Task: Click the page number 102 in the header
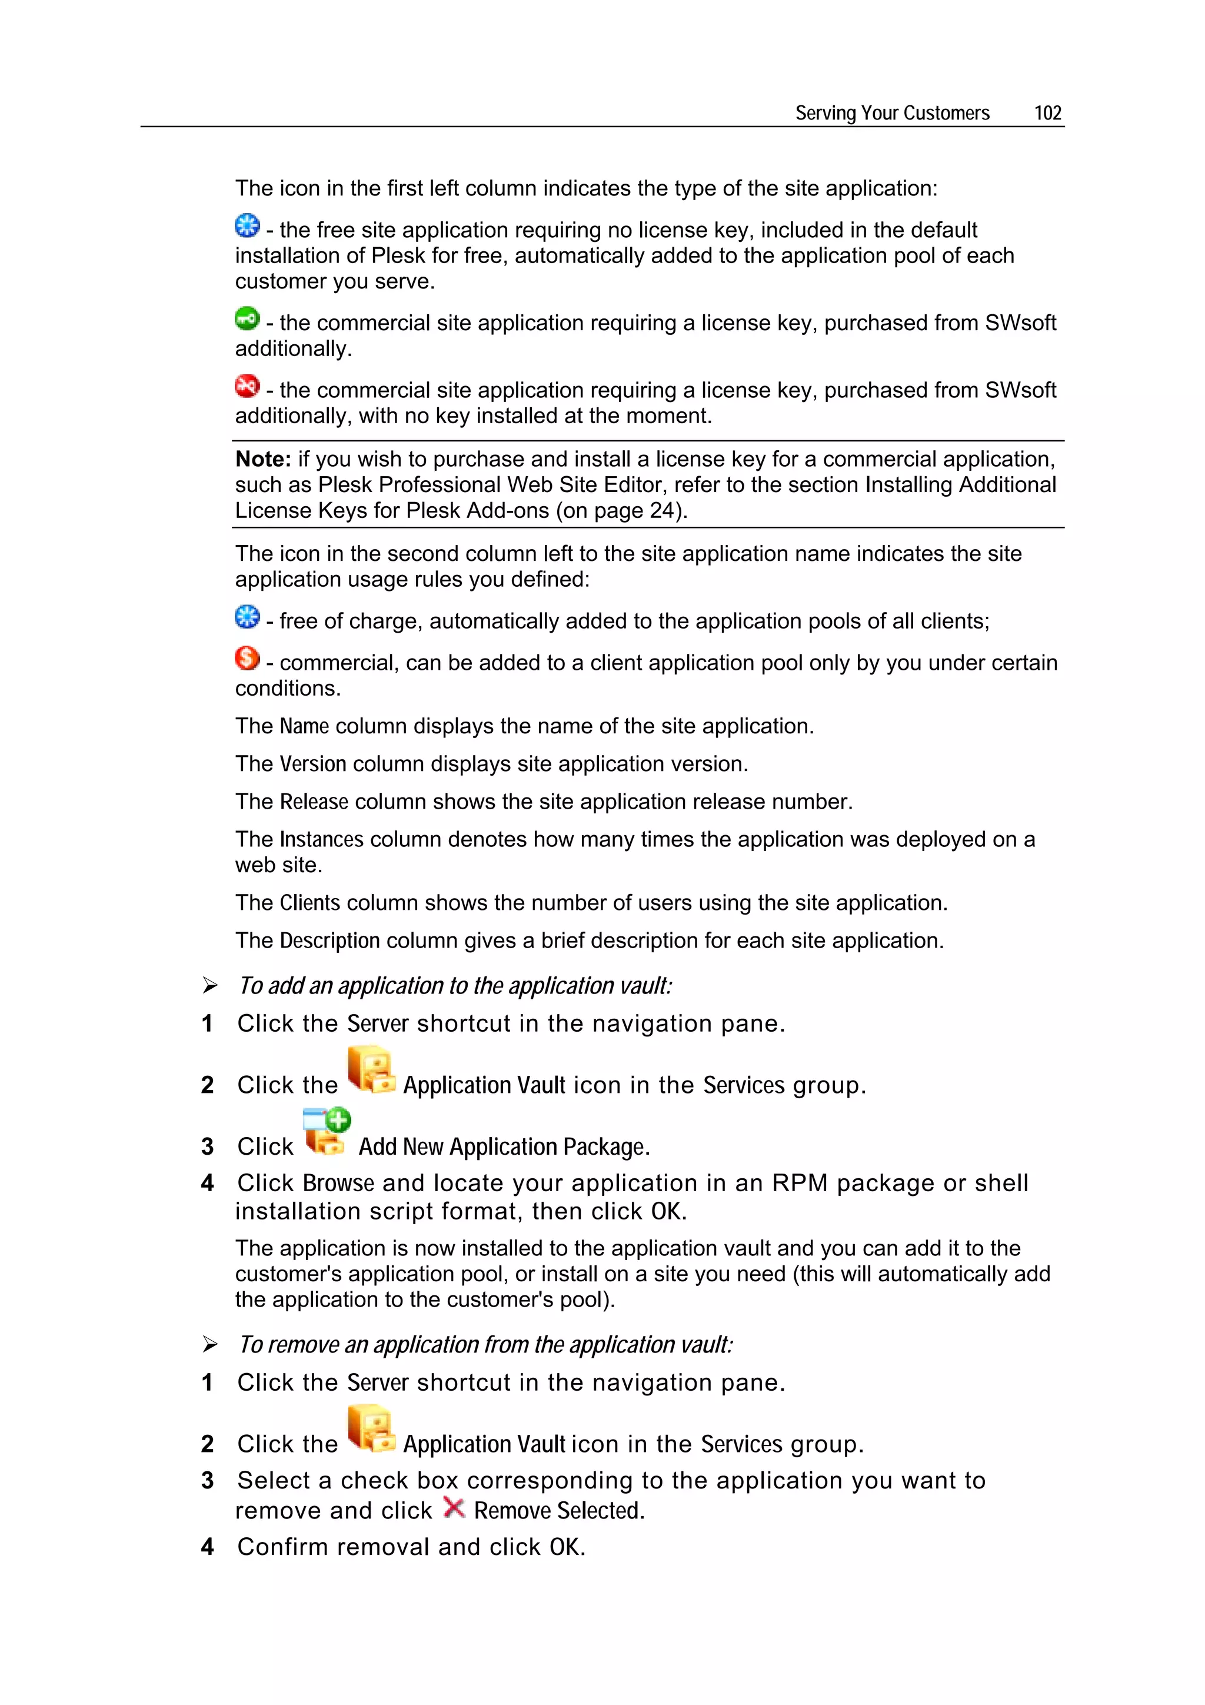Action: click(1047, 113)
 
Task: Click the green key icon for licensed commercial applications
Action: click(247, 318)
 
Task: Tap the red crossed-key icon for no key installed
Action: click(247, 386)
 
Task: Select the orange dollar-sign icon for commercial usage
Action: click(247, 658)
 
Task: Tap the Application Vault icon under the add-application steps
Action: click(371, 1070)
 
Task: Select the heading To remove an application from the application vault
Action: click(485, 1344)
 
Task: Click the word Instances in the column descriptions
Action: click(321, 839)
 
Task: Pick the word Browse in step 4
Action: click(338, 1183)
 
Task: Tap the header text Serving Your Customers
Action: click(891, 113)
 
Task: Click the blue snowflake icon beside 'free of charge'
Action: click(247, 616)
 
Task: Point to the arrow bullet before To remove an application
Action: click(210, 1344)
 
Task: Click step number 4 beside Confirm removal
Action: click(207, 1547)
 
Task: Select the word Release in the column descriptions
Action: click(314, 801)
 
